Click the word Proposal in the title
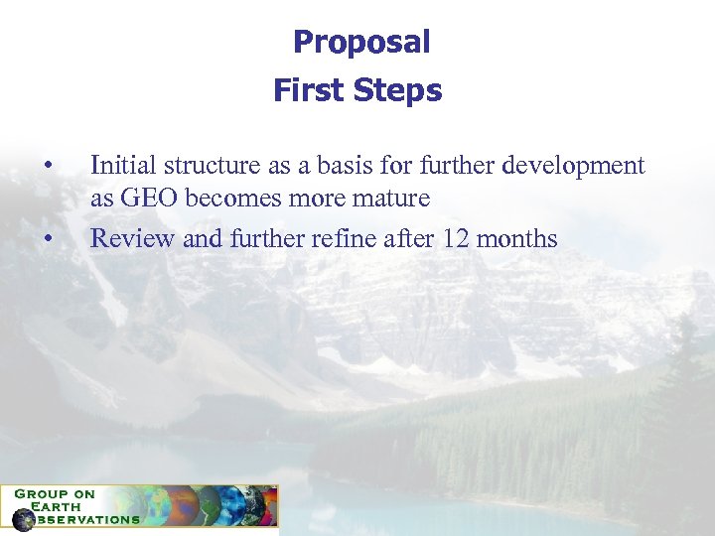point(361,43)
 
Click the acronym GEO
point(147,199)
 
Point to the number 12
point(444,239)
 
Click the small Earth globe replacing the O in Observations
point(23,519)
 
